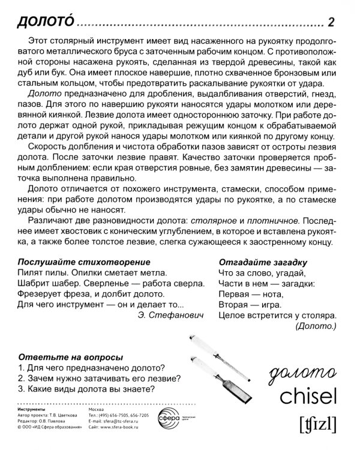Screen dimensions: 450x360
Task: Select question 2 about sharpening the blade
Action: [100, 379]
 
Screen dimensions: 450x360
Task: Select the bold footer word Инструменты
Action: [35, 409]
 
